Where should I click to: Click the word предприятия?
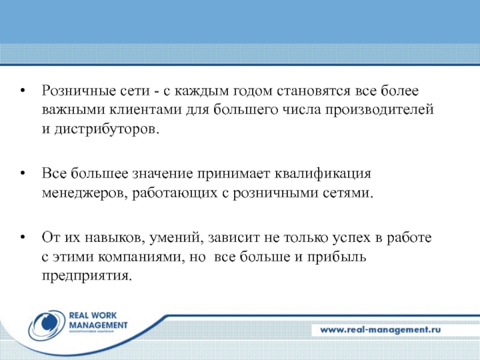click(x=85, y=277)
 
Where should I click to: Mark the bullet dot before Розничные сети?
click(x=22, y=92)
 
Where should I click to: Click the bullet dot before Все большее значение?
click(x=22, y=175)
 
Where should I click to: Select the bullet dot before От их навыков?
click(x=22, y=238)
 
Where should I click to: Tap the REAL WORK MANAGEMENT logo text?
click(x=98, y=322)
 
